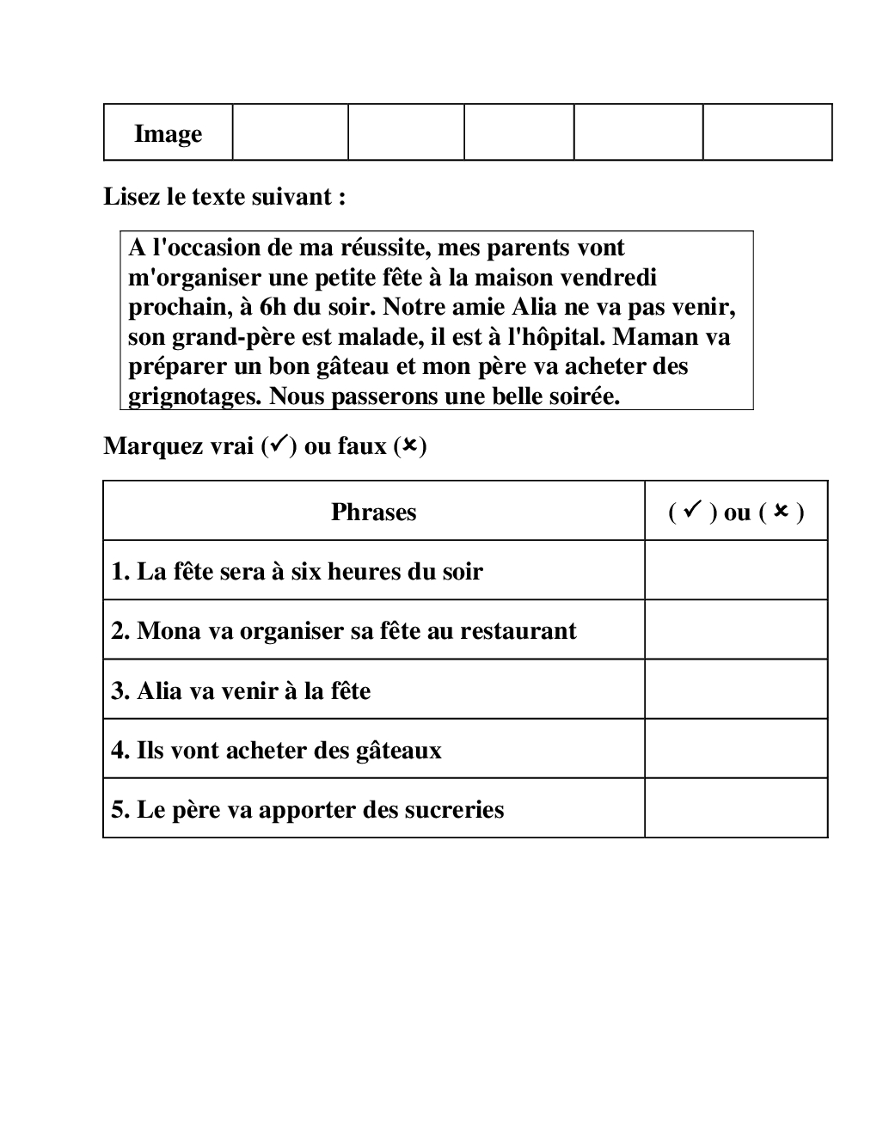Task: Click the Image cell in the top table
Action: tap(168, 133)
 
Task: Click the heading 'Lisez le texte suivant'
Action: tap(224, 196)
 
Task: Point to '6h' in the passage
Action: tap(273, 307)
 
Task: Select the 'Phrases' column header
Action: tap(373, 512)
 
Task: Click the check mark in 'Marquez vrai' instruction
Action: tap(278, 445)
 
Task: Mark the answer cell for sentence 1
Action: tap(736, 570)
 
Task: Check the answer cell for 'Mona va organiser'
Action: tap(736, 629)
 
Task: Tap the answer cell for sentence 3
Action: tap(736, 690)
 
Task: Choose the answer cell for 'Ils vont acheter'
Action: tap(736, 749)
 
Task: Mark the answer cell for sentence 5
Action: tap(736, 808)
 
